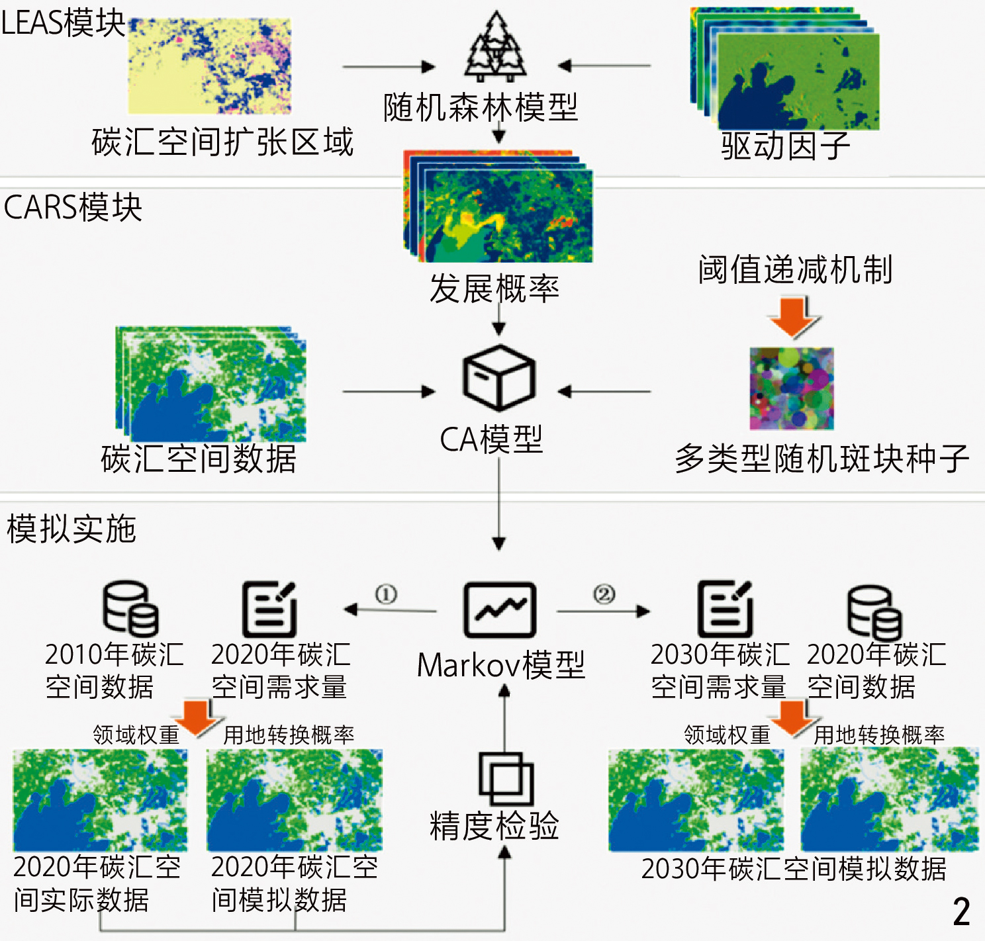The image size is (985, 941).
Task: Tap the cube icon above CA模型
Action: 499,378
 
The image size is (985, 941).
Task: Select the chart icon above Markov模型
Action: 500,610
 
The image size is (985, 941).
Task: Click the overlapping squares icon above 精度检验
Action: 506,778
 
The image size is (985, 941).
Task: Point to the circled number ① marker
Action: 386,594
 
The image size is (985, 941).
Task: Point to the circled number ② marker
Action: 604,594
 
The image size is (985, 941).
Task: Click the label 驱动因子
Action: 785,146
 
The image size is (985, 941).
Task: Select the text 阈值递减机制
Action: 796,270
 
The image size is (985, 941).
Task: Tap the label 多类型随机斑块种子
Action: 821,459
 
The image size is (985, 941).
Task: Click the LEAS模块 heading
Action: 63,24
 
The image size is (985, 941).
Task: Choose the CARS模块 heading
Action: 73,208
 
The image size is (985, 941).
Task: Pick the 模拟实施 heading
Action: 71,529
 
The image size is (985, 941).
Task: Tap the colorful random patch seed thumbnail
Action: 792,388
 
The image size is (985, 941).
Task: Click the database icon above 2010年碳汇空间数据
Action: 130,609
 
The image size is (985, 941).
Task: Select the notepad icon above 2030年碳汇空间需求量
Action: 725,609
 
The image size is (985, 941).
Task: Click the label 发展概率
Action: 494,289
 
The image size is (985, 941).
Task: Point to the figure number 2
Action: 961,912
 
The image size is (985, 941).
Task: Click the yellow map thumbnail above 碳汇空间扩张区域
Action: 209,66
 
